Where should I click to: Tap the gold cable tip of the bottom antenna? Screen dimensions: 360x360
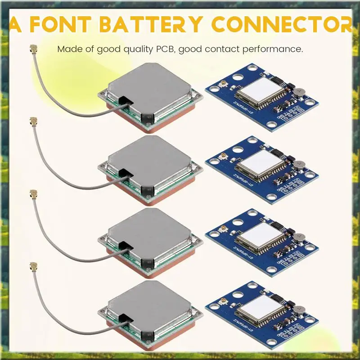(32, 265)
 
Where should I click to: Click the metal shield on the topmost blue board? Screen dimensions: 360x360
(260, 89)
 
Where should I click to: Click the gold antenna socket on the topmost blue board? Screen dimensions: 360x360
(222, 85)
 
